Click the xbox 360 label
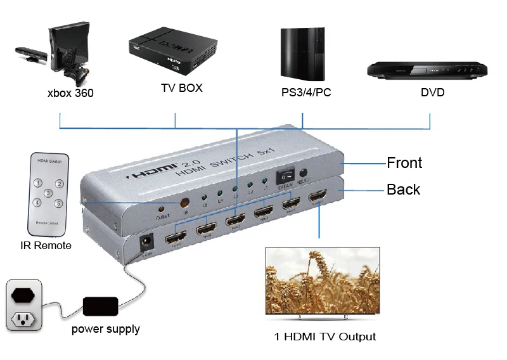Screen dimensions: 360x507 (70, 93)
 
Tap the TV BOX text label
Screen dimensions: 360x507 (181, 88)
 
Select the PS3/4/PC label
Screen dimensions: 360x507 (306, 93)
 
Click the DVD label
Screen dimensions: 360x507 (432, 93)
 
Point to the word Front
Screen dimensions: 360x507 (404, 163)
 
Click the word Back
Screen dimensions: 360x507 (403, 190)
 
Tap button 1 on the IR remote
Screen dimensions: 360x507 (39, 183)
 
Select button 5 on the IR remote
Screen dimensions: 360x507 (58, 203)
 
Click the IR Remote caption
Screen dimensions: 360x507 (48, 245)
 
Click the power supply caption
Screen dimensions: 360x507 (105, 329)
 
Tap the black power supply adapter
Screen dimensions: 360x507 (101, 307)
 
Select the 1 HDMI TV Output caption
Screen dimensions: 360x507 (324, 337)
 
